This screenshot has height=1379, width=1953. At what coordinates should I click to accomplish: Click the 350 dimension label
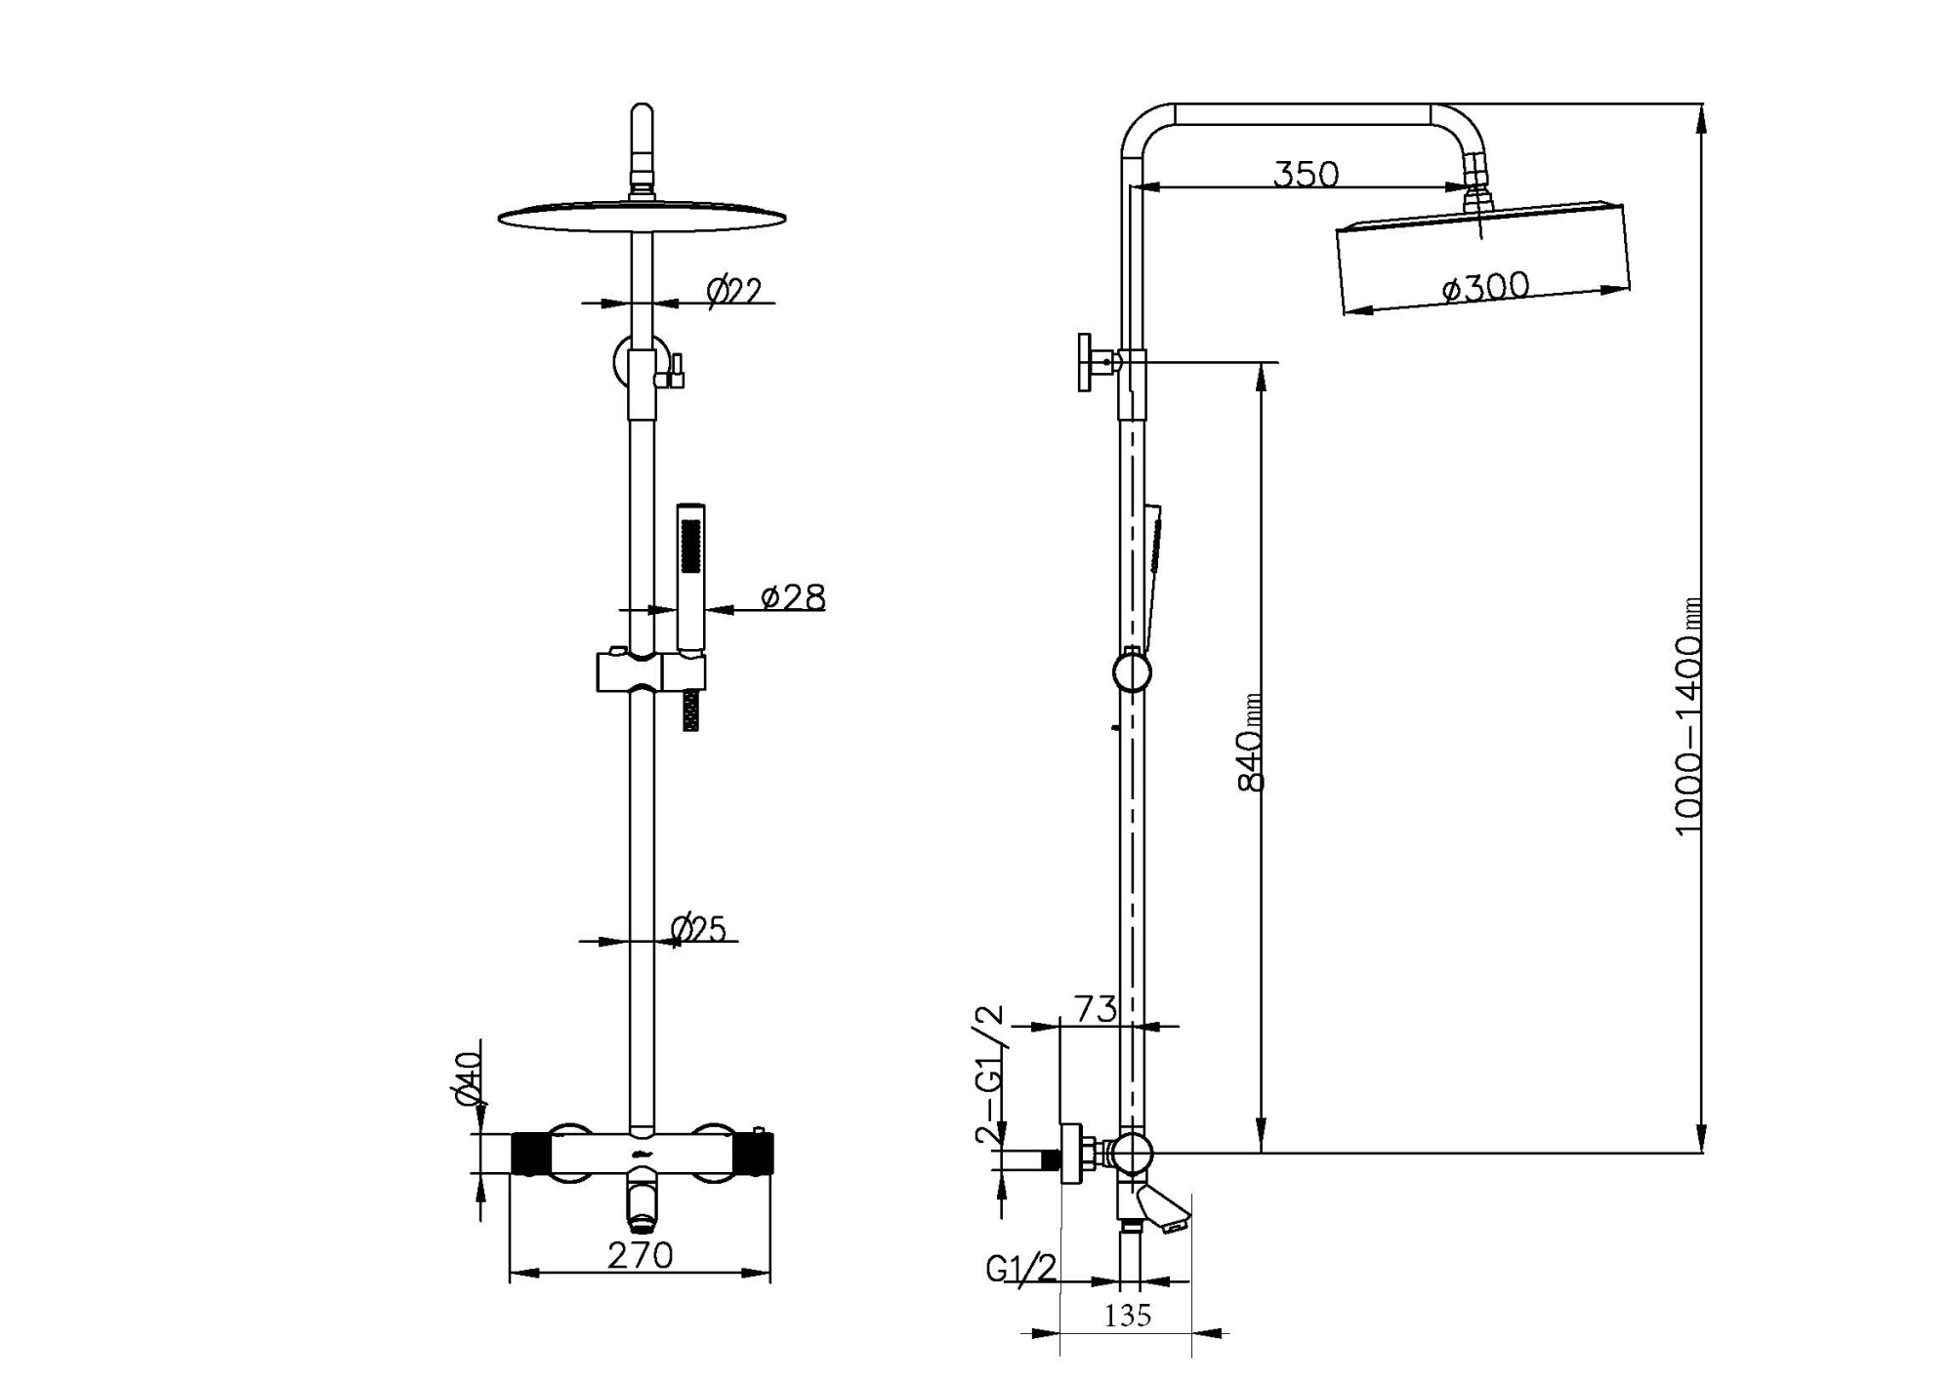coord(1306,175)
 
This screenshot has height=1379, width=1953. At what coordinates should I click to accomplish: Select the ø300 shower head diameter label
coord(1485,287)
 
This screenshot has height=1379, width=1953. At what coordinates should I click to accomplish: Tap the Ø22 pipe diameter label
coord(733,291)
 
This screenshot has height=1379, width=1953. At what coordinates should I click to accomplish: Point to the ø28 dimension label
coord(792,597)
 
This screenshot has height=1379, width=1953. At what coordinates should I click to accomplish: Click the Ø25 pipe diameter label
coord(699,929)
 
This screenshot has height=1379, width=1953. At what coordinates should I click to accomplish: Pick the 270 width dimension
coord(640,1256)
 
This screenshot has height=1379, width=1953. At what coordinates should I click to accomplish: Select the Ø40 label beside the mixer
coord(470,1078)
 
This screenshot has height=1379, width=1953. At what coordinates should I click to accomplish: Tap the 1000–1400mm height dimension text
coord(1688,717)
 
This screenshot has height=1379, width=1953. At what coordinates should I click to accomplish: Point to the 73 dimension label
coord(1095,1009)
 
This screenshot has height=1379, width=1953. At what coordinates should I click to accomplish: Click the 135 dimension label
coord(1128,1316)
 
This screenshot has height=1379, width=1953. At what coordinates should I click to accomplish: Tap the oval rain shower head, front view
coord(642,217)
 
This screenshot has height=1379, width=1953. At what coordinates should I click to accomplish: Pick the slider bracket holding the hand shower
coord(650,672)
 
